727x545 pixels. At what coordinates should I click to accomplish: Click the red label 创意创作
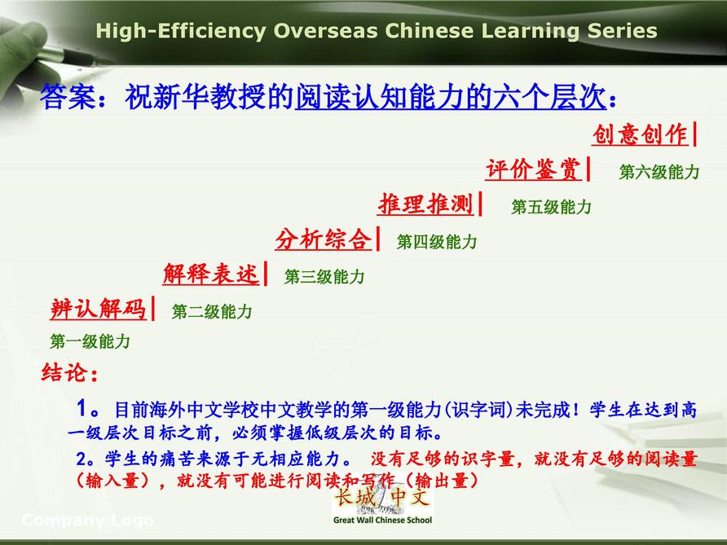(641, 134)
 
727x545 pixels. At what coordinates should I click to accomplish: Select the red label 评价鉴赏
(533, 169)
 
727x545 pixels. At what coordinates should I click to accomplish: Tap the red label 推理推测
(425, 204)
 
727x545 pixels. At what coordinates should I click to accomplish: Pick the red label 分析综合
(324, 240)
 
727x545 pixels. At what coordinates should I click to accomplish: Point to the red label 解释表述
(211, 274)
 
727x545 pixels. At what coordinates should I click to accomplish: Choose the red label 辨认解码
(99, 309)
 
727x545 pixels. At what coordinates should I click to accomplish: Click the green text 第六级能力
(659, 172)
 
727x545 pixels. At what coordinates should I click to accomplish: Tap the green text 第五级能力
(551, 207)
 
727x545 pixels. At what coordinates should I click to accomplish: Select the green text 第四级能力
(437, 241)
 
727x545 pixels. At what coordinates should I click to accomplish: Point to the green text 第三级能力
(324, 277)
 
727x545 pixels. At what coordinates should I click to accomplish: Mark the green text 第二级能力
(212, 311)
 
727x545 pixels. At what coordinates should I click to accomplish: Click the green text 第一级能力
(90, 341)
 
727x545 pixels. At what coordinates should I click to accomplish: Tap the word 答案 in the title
(68, 97)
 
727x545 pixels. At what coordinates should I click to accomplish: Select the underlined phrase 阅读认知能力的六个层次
(451, 97)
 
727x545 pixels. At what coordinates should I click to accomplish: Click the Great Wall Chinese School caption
(382, 520)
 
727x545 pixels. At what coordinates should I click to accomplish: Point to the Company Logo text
(88, 521)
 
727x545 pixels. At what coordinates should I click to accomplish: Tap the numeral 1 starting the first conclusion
(82, 408)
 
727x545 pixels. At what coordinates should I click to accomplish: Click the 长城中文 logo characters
(382, 497)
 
